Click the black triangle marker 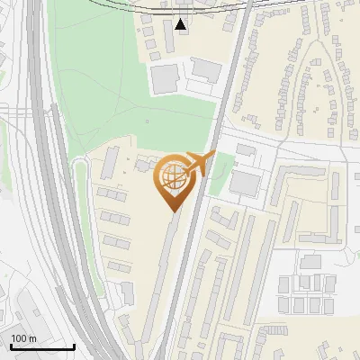click(x=183, y=24)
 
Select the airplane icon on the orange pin click(x=198, y=164)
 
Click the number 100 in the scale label click(x=20, y=338)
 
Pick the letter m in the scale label click(x=33, y=338)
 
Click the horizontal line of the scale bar click(x=42, y=346)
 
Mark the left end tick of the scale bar click(x=11, y=345)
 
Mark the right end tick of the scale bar click(x=74, y=345)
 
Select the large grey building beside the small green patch click(x=245, y=183)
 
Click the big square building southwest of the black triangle click(x=165, y=78)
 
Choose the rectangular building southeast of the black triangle click(x=206, y=69)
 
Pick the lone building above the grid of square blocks click(x=311, y=262)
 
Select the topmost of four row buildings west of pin click(x=112, y=193)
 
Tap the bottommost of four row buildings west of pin click(x=118, y=265)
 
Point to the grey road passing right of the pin click(x=191, y=243)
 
